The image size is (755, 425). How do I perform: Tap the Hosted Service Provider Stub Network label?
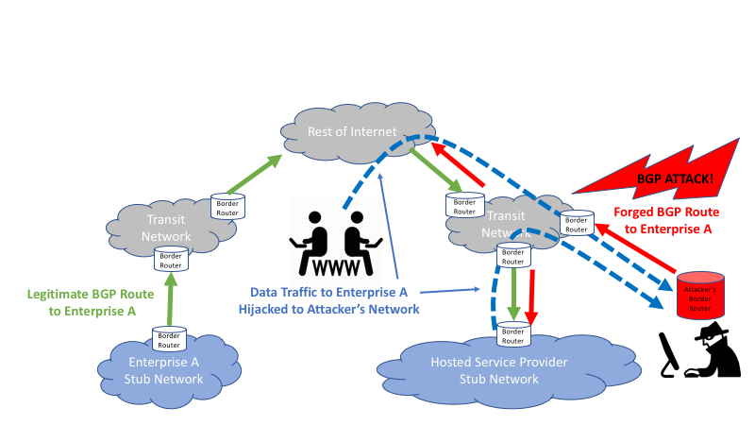[x=485, y=371]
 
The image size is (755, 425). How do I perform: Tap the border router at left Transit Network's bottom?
[x=170, y=259]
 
